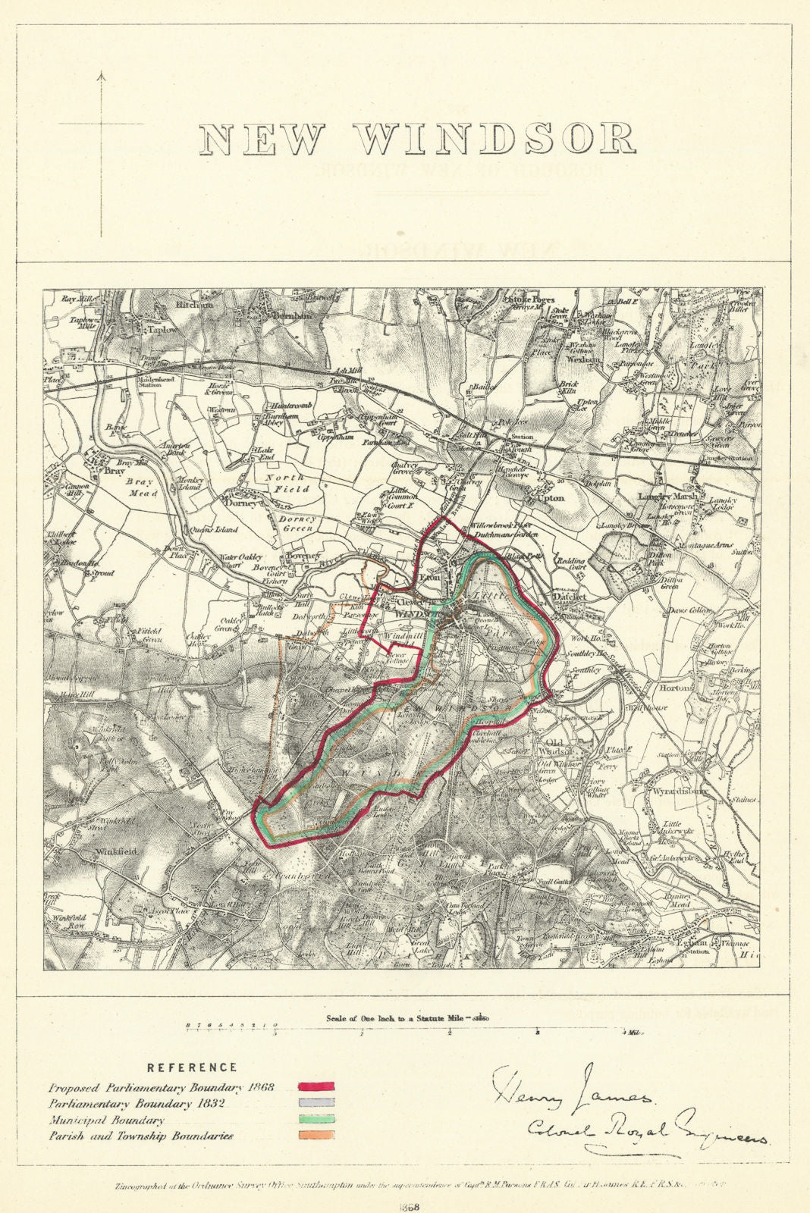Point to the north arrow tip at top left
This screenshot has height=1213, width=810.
pyautogui.click(x=101, y=74)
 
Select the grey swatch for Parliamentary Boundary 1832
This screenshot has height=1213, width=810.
pyautogui.click(x=318, y=1102)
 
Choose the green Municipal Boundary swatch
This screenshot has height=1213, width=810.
pyautogui.click(x=318, y=1119)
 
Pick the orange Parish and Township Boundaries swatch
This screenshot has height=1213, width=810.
pyautogui.click(x=318, y=1136)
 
